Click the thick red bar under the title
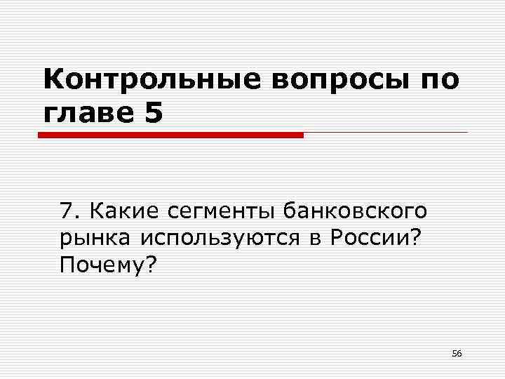[170, 134]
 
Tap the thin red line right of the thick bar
[385, 132]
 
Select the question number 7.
[67, 211]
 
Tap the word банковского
[356, 211]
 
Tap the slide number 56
[457, 353]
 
